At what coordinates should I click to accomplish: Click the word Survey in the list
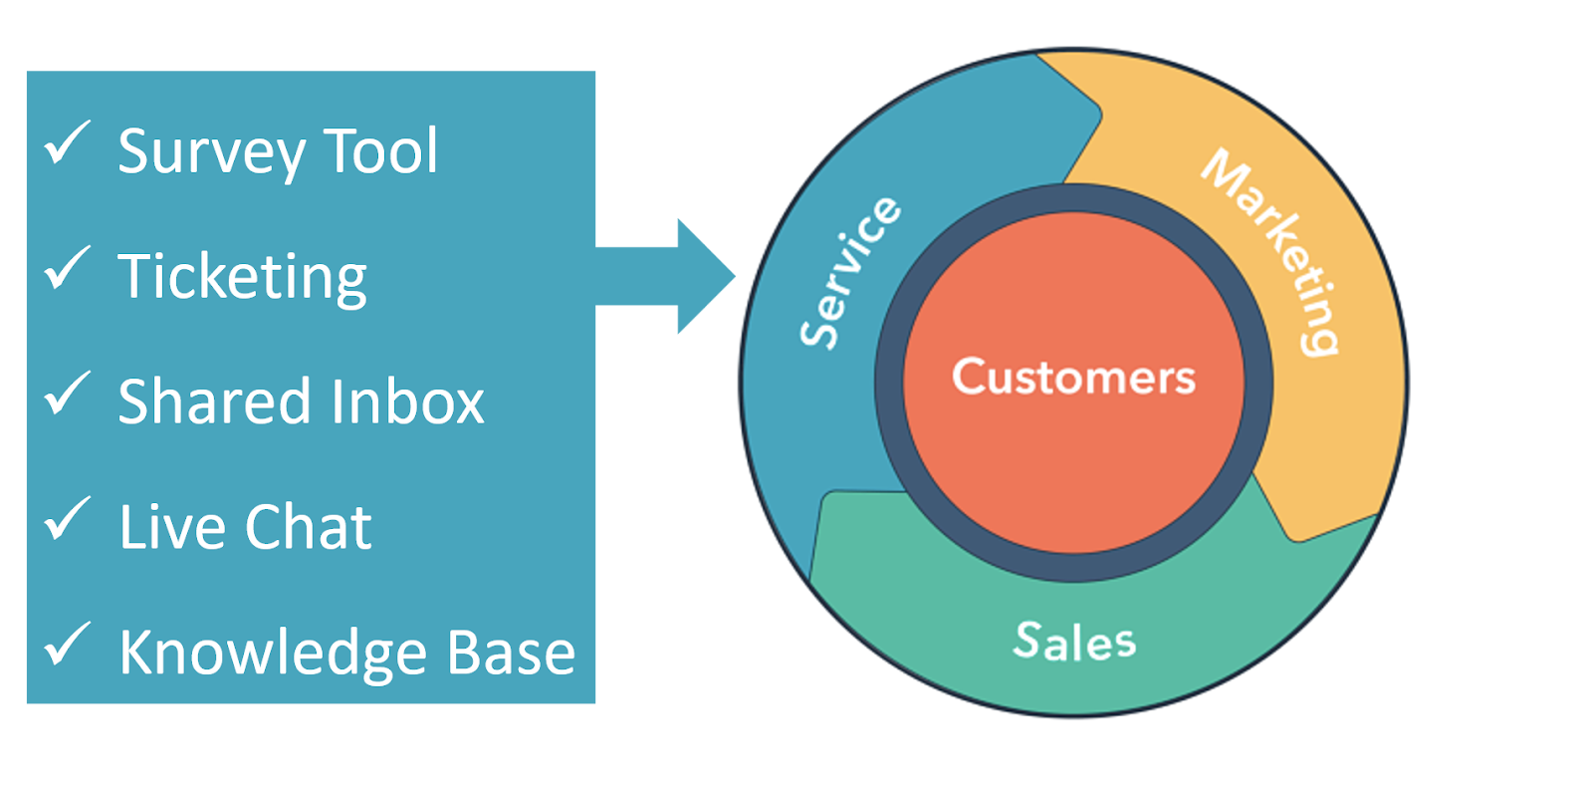211,152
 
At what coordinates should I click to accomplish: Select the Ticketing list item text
242,277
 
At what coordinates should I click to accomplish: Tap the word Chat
309,527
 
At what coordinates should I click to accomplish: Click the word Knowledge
274,654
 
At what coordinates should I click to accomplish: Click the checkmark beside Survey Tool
67,143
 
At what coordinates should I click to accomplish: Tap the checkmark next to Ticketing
67,269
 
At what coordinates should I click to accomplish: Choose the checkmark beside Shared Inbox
67,394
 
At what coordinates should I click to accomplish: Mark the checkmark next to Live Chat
67,520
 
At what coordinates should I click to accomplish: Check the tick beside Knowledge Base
67,646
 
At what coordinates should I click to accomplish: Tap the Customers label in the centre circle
1073,377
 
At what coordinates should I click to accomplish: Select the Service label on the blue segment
850,272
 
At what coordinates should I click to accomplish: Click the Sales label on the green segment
1074,641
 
